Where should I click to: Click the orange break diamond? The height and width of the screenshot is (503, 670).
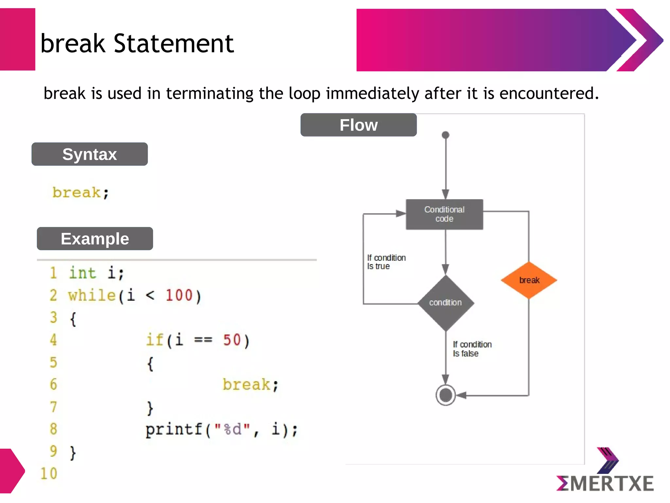tap(529, 280)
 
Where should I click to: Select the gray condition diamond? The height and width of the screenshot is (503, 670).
tap(446, 303)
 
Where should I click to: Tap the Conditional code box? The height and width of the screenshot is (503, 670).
tap(444, 214)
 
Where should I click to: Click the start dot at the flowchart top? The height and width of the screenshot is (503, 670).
tap(445, 135)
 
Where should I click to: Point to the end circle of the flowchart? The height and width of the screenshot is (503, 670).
tap(446, 395)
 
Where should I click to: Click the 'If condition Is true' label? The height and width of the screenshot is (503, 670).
tap(386, 262)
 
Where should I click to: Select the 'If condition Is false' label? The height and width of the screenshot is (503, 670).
tap(472, 349)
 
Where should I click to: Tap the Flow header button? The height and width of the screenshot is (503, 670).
tap(359, 125)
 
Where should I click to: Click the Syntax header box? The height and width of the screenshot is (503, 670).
tap(89, 154)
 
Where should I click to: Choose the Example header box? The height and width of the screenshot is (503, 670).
tap(95, 238)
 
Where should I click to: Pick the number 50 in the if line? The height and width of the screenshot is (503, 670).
tap(232, 340)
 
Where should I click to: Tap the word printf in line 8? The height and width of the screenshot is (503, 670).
tap(174, 429)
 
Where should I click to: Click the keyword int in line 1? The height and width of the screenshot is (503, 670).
tap(82, 273)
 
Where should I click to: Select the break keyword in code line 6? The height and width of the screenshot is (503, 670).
tap(247, 384)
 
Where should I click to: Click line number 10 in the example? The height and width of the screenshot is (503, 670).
tap(49, 474)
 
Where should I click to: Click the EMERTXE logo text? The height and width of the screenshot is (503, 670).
tap(605, 483)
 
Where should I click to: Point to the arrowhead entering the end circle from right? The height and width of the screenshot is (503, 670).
tap(461, 395)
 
